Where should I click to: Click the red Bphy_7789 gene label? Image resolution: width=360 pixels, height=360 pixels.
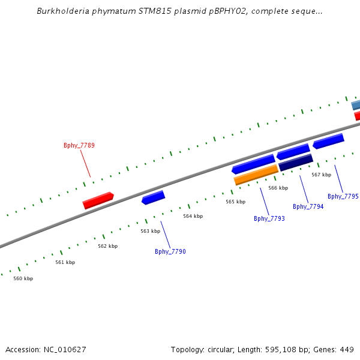pos(79,145)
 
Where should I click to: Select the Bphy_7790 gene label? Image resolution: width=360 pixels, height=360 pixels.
pos(170,251)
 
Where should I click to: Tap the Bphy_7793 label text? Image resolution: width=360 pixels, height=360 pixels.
pos(269,218)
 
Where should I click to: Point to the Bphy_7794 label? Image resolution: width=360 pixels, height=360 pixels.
pos(308,206)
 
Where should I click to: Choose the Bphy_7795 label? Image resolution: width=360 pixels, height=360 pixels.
pos(343,196)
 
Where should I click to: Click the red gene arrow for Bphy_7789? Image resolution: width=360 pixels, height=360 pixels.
pos(98,200)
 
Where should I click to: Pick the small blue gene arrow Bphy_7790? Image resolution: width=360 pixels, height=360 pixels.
pos(153,197)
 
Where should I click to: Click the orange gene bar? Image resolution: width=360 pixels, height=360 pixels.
pos(256,175)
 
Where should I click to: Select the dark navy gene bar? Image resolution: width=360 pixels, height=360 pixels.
pos(295,163)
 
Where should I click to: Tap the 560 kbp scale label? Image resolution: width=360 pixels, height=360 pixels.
pos(23,278)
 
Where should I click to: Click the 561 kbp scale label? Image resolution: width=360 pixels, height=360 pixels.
pos(65,262)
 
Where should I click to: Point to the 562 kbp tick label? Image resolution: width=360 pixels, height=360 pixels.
pos(108,246)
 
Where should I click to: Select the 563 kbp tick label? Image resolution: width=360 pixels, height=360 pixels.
pos(151,231)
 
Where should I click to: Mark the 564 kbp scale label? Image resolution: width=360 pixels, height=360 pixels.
pos(193,216)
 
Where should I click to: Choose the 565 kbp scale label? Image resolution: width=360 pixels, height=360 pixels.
pos(236,202)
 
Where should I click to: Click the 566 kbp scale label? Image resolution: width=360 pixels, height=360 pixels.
pos(278,188)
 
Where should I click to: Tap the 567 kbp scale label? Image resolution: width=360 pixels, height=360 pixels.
pos(322,175)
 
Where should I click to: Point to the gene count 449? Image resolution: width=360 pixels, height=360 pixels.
pos(347,349)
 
